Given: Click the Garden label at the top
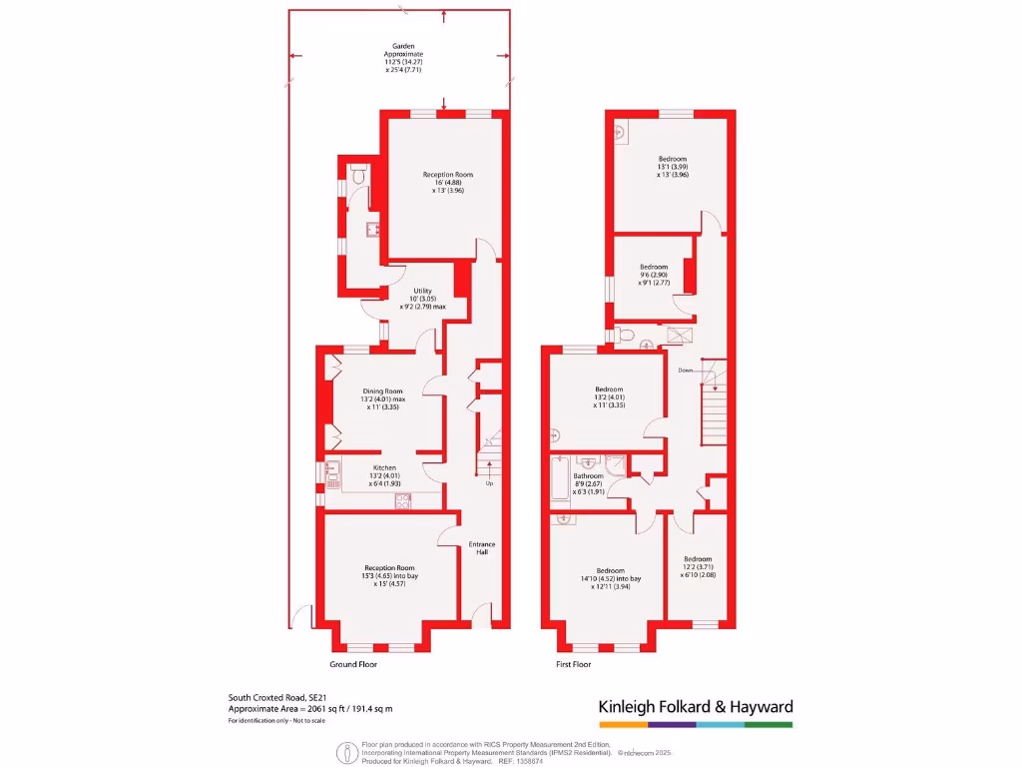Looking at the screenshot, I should [x=403, y=46].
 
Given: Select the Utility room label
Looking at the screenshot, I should [x=422, y=291].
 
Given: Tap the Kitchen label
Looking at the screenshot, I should [x=384, y=467].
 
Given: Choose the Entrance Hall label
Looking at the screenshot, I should [x=482, y=549].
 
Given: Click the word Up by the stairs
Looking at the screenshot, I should [x=489, y=483].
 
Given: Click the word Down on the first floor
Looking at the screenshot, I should [x=686, y=370].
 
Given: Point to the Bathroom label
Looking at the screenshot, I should [x=588, y=476].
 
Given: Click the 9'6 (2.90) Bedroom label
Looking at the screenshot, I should [x=653, y=267].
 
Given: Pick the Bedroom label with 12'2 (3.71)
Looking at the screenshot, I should [x=698, y=559].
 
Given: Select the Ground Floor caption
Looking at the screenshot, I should [x=353, y=664].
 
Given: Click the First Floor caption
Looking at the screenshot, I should [x=573, y=664].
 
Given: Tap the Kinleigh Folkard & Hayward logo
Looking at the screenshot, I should [x=695, y=707].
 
